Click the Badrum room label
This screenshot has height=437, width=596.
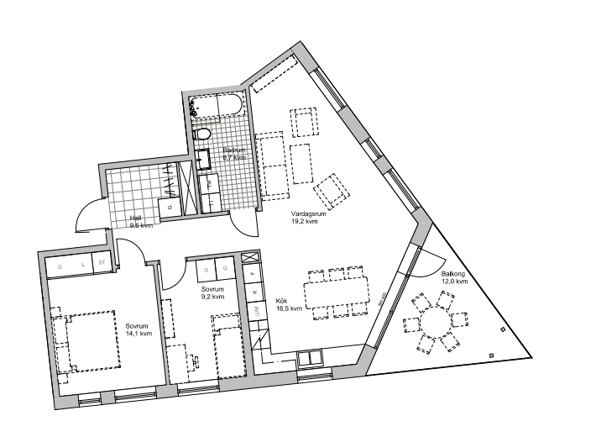[233, 154]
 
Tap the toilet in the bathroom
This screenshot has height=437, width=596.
[202, 134]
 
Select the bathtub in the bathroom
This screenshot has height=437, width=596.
[217, 107]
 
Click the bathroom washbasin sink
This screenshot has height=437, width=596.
[203, 159]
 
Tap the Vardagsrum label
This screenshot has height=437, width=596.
[303, 218]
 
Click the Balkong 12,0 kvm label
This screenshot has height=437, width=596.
[456, 278]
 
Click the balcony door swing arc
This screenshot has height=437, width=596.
[432, 261]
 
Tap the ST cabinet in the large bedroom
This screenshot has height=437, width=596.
[102, 263]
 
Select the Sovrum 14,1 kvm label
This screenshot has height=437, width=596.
[139, 329]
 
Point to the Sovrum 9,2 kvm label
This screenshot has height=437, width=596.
[212, 293]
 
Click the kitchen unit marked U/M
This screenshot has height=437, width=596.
[254, 312]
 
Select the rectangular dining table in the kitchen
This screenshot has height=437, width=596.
[337, 294]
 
